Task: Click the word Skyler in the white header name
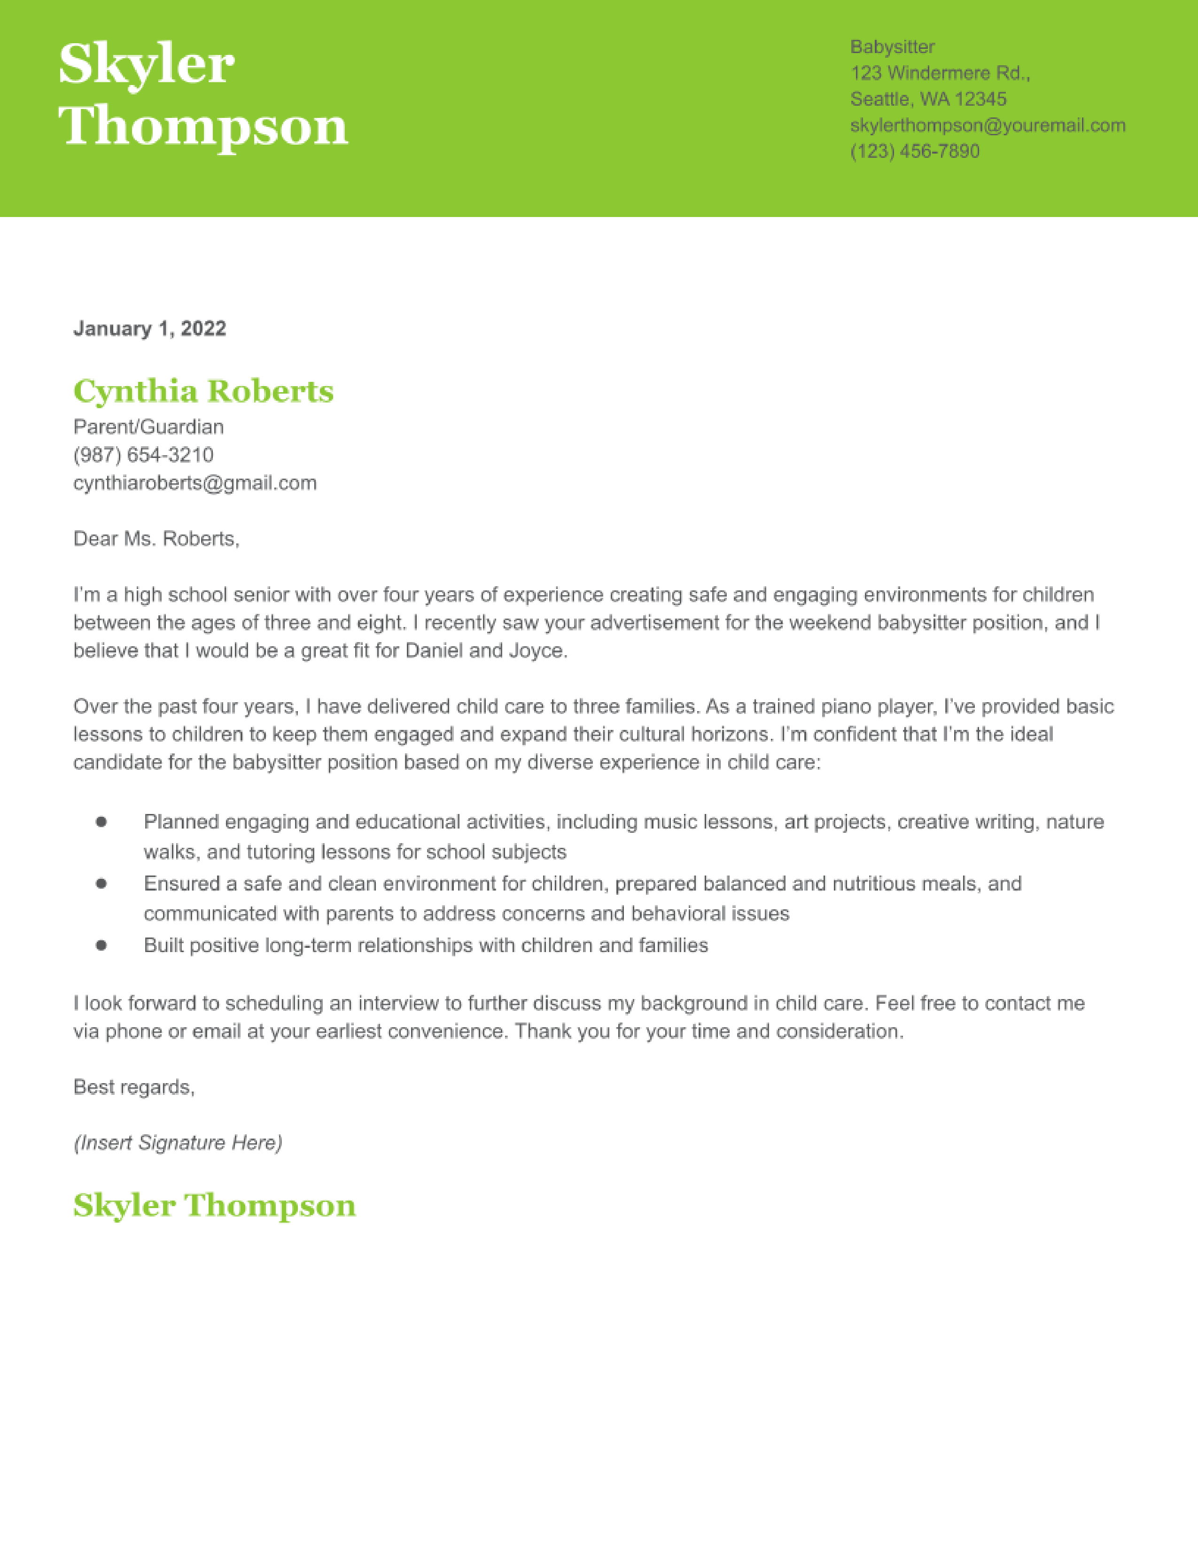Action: coord(146,65)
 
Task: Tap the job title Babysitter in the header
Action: coord(892,47)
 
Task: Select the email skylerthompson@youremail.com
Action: coord(987,125)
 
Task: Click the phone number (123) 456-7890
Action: coord(914,151)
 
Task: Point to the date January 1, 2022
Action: coord(150,329)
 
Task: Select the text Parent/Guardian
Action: coord(148,426)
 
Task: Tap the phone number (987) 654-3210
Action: coord(143,455)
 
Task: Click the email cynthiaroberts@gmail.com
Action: coord(195,483)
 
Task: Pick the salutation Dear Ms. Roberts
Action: coord(156,539)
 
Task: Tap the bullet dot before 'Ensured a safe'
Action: coord(101,883)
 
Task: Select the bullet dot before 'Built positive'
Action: coord(101,945)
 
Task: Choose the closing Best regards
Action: coord(133,1087)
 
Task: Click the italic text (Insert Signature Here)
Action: coord(178,1143)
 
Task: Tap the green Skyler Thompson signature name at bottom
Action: coord(214,1206)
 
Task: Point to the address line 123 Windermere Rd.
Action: coord(940,73)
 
